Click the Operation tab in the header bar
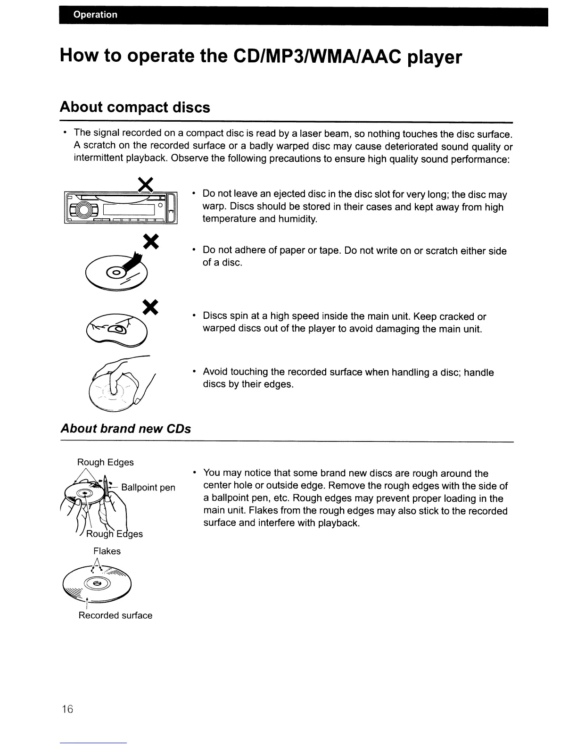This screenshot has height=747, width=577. (95, 15)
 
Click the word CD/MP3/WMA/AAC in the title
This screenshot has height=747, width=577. (318, 57)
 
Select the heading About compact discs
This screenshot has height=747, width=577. (135, 107)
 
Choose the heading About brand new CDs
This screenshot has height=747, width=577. (125, 429)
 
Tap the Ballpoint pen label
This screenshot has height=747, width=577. (148, 487)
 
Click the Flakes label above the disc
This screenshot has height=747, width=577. (107, 551)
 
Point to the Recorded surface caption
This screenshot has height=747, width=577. (115, 615)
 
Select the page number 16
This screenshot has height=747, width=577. (67, 709)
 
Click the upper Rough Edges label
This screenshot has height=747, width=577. (105, 462)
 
